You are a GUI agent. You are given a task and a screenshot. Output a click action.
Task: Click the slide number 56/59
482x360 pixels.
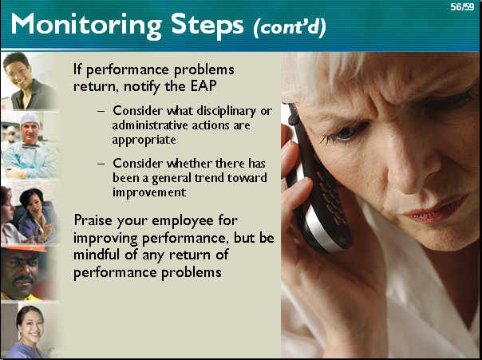[462, 6]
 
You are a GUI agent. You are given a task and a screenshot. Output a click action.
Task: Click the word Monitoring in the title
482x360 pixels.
[86, 26]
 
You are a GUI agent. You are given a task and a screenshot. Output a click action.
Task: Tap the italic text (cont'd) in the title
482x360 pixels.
[289, 28]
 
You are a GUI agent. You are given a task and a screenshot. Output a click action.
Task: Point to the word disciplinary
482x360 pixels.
[227, 112]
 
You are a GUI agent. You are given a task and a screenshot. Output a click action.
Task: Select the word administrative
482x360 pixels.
[150, 125]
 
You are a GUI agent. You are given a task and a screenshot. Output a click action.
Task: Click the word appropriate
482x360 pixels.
[144, 140]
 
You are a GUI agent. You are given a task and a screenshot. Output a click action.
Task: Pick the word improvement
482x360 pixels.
[149, 192]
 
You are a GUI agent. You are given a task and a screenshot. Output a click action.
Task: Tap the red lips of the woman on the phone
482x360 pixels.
[436, 209]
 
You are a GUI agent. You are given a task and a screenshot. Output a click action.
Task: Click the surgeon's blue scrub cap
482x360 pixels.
[30, 118]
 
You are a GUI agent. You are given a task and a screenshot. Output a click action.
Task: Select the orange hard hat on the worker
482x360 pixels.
[24, 247]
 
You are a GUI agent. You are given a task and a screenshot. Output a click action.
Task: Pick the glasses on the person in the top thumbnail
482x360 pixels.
[17, 73]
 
